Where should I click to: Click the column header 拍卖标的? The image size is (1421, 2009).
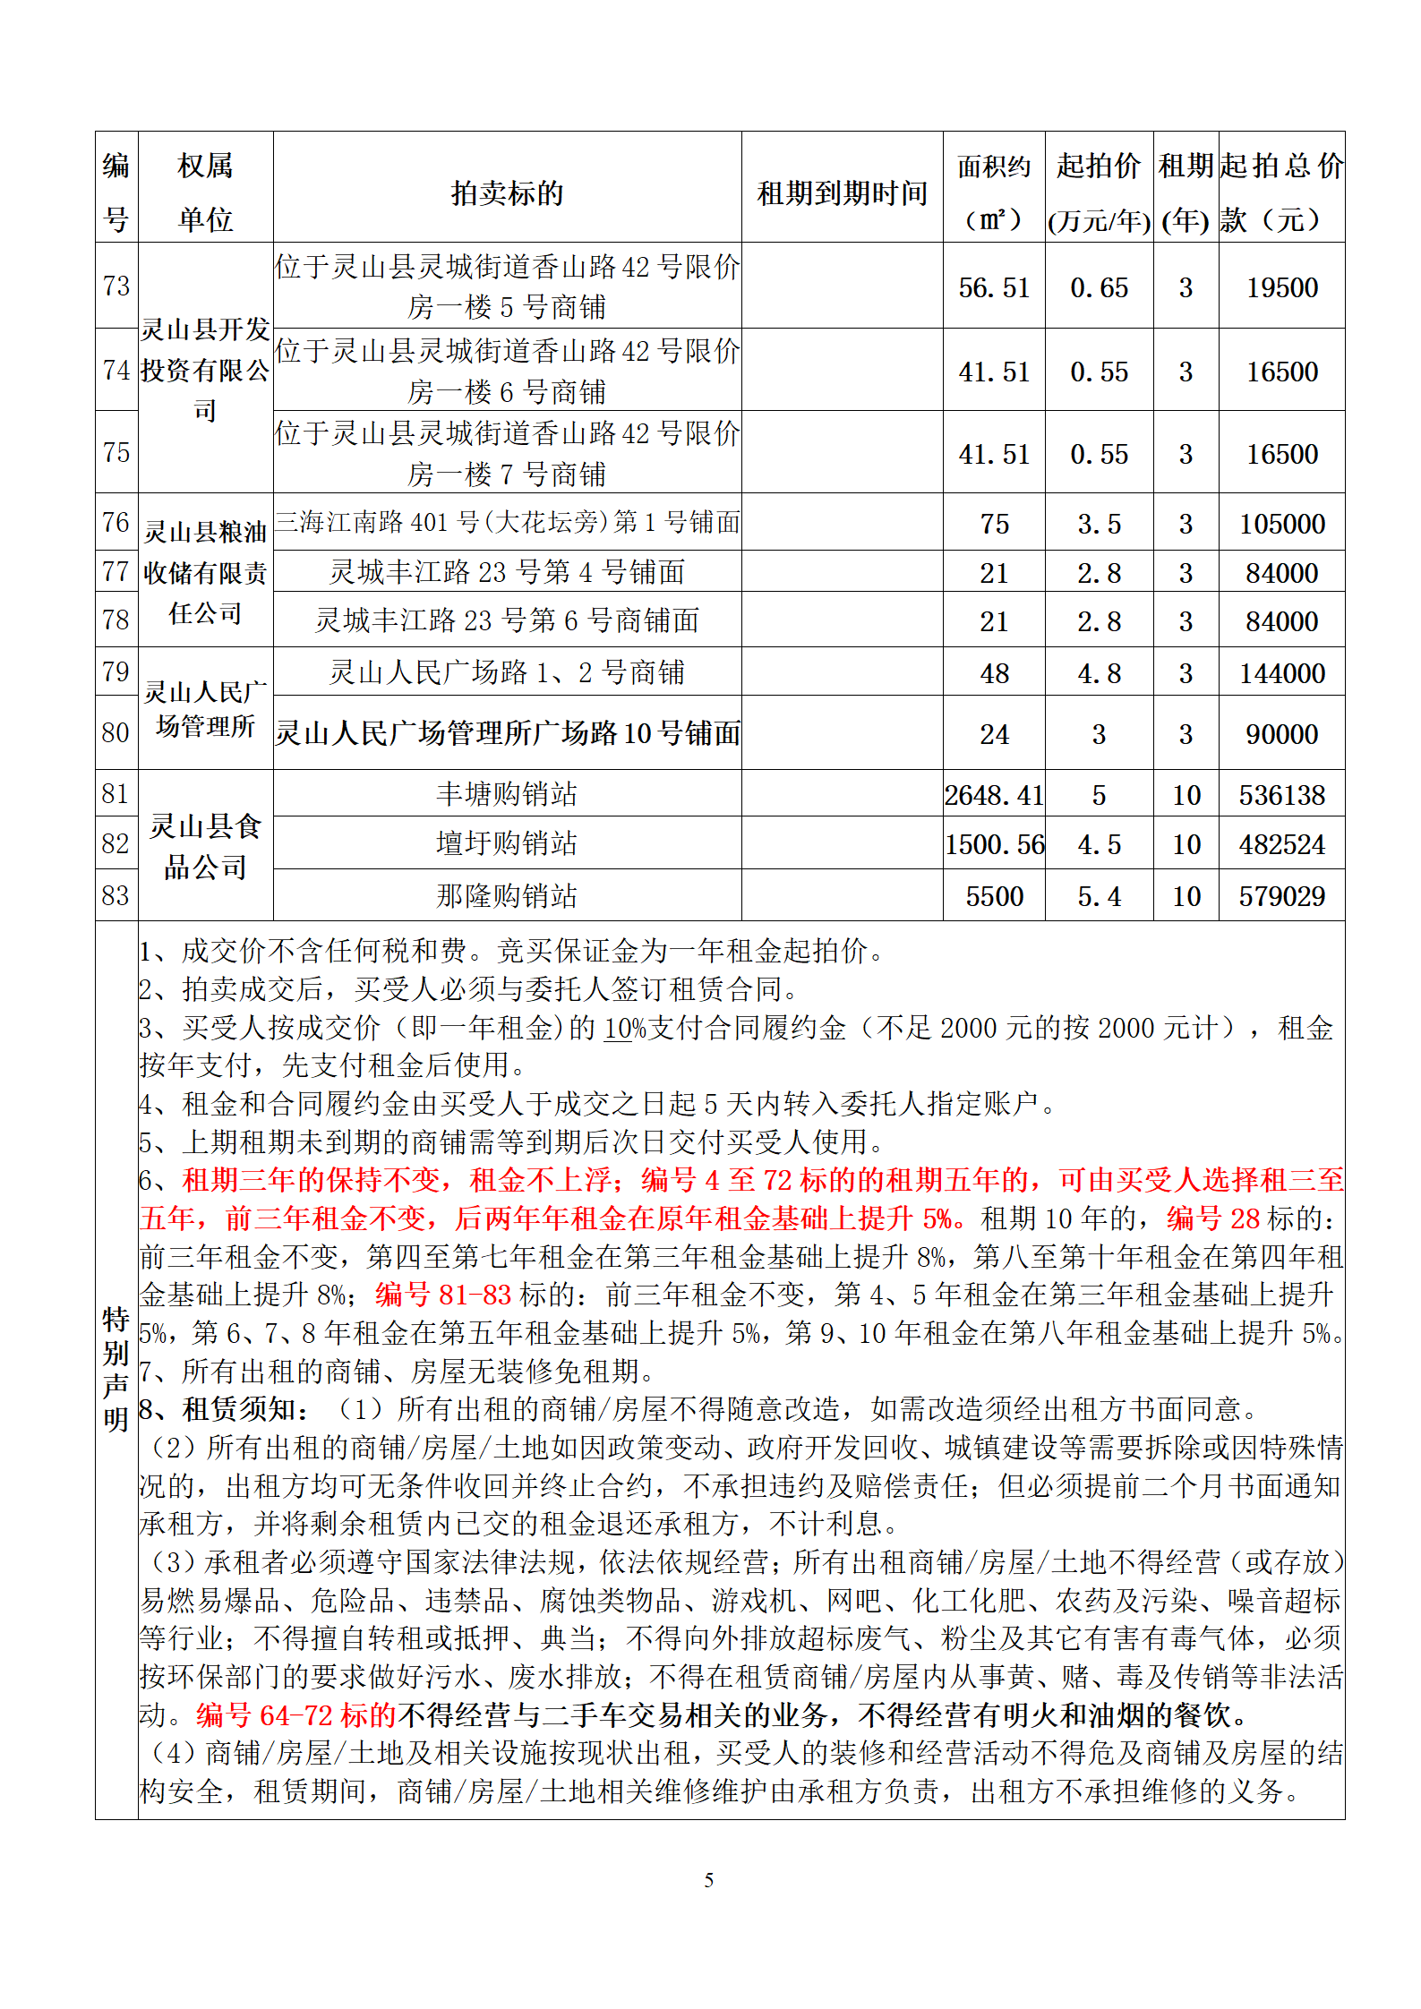(507, 192)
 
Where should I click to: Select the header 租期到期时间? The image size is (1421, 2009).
(842, 192)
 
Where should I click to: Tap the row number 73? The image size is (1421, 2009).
(116, 286)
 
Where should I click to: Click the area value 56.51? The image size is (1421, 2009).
(994, 287)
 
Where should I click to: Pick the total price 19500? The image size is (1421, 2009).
(1281, 287)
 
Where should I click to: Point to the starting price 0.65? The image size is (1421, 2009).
(1099, 287)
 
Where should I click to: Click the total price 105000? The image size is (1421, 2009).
(1281, 524)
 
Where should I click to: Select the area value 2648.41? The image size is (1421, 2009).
(994, 795)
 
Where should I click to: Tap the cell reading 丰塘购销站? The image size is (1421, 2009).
(507, 794)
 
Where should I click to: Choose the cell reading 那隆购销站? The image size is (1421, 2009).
(507, 895)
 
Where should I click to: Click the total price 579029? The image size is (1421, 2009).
(1281, 896)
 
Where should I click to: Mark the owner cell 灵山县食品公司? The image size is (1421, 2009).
(205, 846)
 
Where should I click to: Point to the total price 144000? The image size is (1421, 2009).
(1281, 673)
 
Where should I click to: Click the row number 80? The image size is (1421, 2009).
(116, 732)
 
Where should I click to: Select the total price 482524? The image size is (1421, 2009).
(1281, 844)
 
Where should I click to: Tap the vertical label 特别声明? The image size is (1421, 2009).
(116, 1369)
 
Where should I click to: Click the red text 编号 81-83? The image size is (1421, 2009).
(442, 1295)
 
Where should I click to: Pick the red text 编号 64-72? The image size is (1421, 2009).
(295, 1715)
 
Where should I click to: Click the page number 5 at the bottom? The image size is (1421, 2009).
(709, 1880)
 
